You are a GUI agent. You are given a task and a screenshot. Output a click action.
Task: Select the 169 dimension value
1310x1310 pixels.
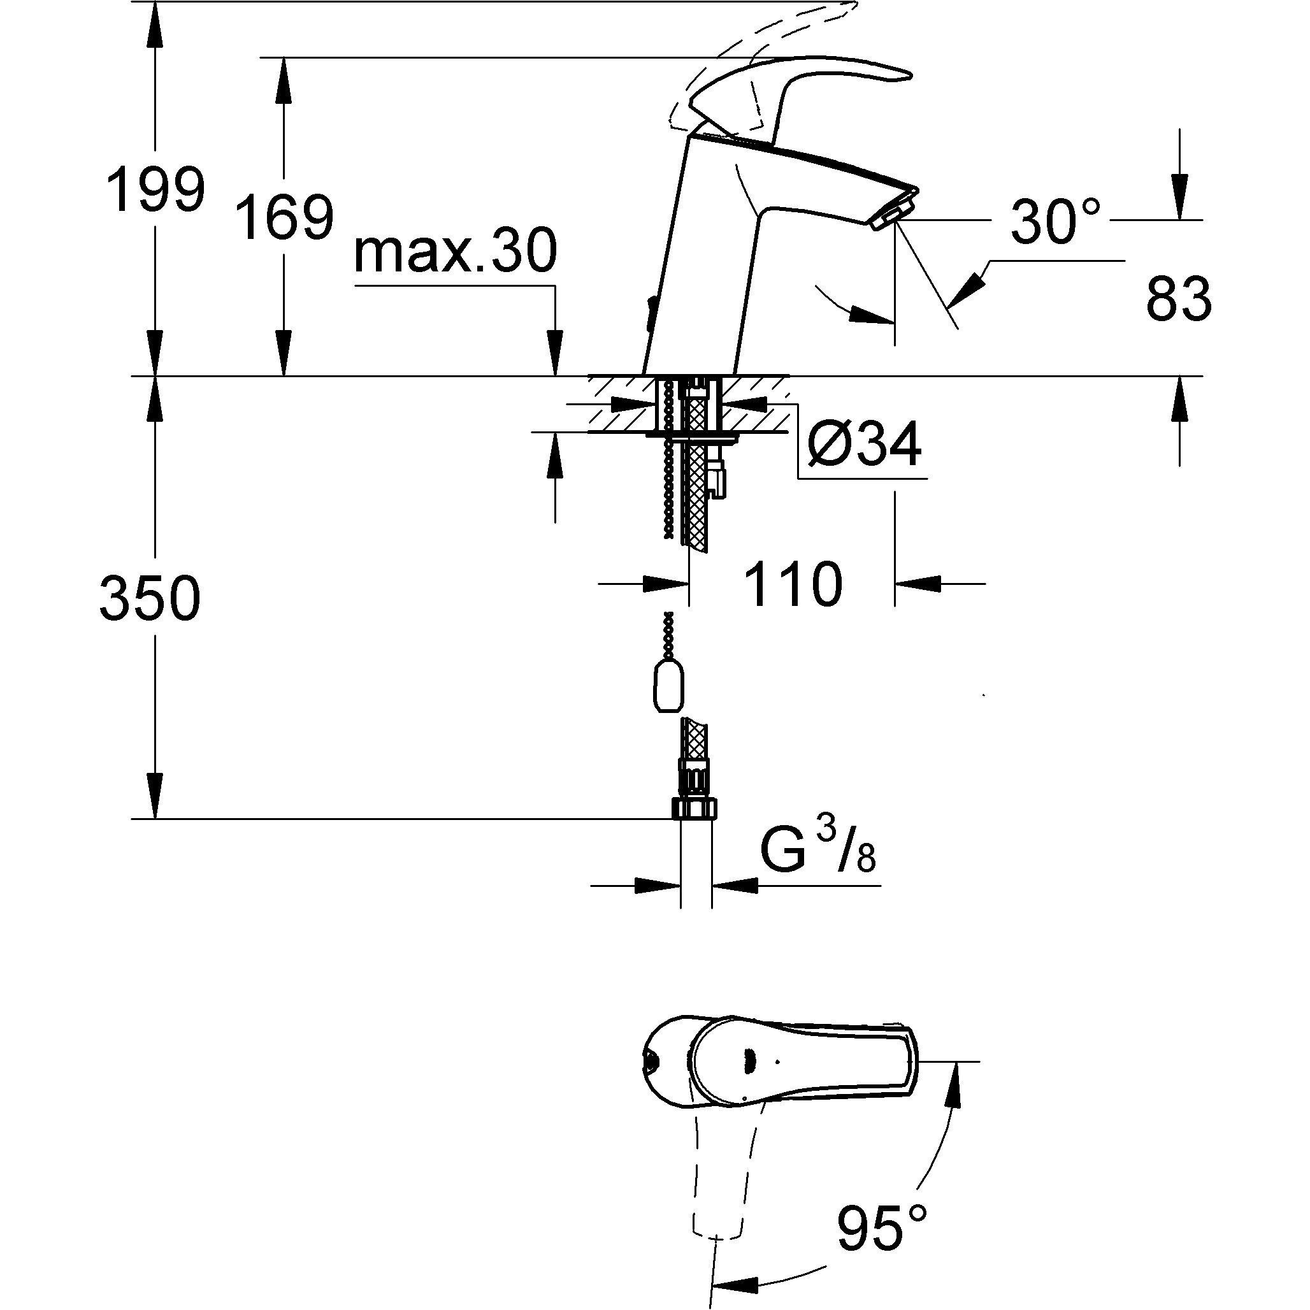(x=284, y=217)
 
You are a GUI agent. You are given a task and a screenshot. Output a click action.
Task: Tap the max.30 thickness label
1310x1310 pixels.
(x=455, y=252)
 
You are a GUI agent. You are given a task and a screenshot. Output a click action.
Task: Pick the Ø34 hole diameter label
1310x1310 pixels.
(x=864, y=445)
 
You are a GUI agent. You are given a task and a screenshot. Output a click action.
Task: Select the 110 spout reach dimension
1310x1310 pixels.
(x=793, y=584)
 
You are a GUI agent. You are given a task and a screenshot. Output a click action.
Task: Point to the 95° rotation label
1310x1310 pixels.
(x=881, y=1227)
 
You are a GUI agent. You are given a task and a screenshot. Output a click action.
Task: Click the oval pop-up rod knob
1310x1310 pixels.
(x=668, y=689)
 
